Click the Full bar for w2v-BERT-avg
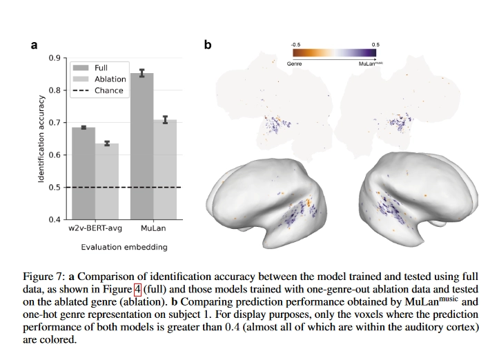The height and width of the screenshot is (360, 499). pyautogui.click(x=84, y=172)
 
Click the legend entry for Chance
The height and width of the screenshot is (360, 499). pyautogui.click(x=108, y=90)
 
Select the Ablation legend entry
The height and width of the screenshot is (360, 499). pyautogui.click(x=110, y=79)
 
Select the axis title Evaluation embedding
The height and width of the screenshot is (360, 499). pyautogui.click(x=124, y=246)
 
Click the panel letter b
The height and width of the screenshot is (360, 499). pyautogui.click(x=208, y=46)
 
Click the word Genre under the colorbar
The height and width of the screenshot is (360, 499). pyautogui.click(x=294, y=63)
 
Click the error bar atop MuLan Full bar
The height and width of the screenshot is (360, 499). pyautogui.click(x=141, y=73)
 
